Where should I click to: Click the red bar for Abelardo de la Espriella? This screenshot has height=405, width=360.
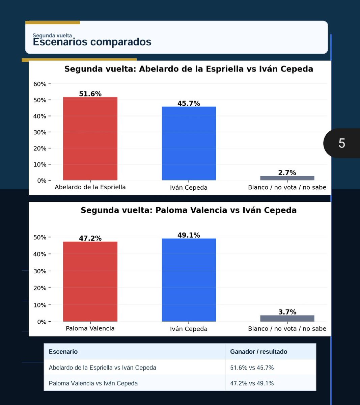(x=90, y=139)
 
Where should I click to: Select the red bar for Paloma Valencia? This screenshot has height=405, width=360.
(x=90, y=281)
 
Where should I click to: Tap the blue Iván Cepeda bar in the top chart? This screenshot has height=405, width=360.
(x=189, y=143)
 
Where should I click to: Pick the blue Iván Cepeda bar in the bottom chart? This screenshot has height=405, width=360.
(x=189, y=280)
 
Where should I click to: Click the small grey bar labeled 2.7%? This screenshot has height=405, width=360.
(x=287, y=178)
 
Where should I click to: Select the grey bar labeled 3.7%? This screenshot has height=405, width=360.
(x=287, y=319)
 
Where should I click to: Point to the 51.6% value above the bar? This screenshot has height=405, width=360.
(x=90, y=94)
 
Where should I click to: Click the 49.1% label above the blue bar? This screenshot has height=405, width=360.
(x=189, y=235)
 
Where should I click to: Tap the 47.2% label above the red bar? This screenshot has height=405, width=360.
(x=90, y=238)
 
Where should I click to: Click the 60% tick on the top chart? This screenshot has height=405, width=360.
(x=40, y=84)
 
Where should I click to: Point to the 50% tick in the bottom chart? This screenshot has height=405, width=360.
(x=40, y=237)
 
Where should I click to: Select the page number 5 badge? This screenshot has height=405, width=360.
(x=341, y=143)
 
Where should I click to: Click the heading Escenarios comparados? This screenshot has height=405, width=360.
(x=92, y=42)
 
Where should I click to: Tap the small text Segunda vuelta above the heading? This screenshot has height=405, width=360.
(x=52, y=35)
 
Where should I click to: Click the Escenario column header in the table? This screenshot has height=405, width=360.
(x=63, y=352)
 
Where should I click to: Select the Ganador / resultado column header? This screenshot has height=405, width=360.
(x=258, y=352)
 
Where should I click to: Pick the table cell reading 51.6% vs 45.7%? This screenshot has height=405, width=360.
(x=252, y=368)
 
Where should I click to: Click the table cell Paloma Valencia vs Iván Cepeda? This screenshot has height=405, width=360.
(x=93, y=383)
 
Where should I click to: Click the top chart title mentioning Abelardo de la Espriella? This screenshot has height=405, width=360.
(x=189, y=69)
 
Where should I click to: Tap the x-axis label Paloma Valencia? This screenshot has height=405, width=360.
(x=90, y=328)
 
